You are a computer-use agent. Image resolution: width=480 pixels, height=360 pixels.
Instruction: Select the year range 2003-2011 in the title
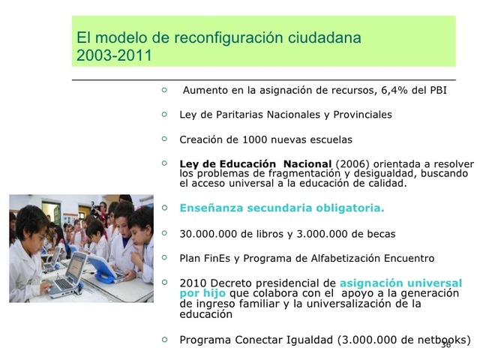114,56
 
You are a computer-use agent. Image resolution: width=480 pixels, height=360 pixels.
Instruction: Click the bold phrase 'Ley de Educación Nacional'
256,163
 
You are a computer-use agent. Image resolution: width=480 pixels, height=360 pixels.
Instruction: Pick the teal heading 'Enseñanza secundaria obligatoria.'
282,208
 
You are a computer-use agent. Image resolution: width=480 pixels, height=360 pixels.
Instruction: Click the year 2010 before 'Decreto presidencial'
193,283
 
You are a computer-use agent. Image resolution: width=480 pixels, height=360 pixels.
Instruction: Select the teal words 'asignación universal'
400,283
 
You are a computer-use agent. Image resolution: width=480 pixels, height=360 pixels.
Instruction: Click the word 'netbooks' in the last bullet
441,339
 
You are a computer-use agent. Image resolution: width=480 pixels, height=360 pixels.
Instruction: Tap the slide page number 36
445,344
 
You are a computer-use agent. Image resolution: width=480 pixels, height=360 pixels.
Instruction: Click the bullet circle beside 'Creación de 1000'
164,139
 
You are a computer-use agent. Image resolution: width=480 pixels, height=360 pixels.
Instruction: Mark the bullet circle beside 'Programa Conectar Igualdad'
164,339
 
